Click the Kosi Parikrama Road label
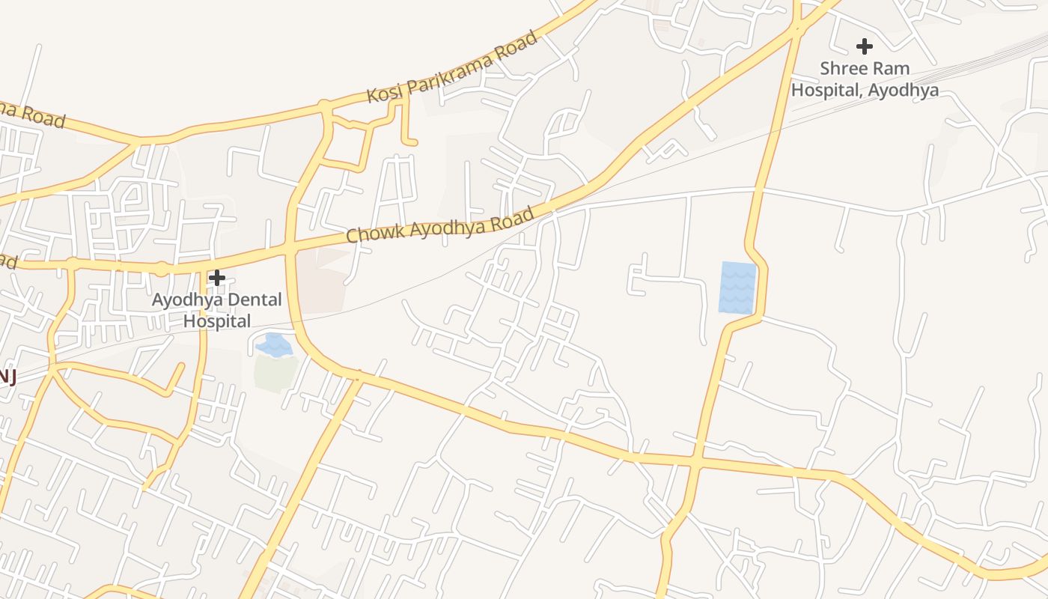452,68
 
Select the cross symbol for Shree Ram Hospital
865,46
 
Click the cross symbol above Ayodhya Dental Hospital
217,278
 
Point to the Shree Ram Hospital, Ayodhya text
865,79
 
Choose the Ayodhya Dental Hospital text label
217,311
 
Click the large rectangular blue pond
737,287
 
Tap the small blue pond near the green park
273,345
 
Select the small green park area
275,373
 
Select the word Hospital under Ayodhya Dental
217,321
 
